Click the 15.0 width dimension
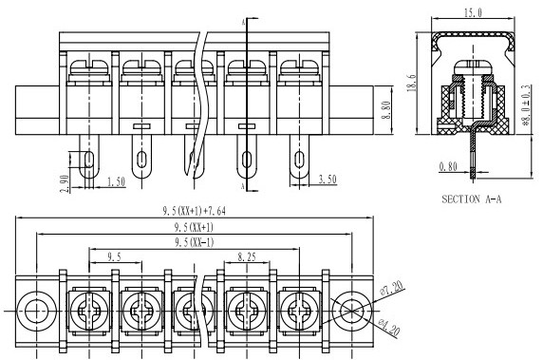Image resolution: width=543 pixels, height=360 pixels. tap(473, 12)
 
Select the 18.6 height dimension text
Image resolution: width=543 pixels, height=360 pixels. tap(412, 83)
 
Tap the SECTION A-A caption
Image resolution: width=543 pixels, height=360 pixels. tap(471, 199)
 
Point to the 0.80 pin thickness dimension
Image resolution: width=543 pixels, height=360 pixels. tap(448, 166)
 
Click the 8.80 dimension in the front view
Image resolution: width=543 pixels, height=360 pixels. tap(385, 110)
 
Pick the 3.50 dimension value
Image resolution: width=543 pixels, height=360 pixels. tap(328, 180)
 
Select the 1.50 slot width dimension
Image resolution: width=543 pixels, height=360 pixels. tap(116, 181)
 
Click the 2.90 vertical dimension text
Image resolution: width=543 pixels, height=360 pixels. tap(65, 183)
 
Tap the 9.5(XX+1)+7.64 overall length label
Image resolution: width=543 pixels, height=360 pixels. tap(195, 211)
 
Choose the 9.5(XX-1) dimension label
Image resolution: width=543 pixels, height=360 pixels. tap(194, 242)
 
